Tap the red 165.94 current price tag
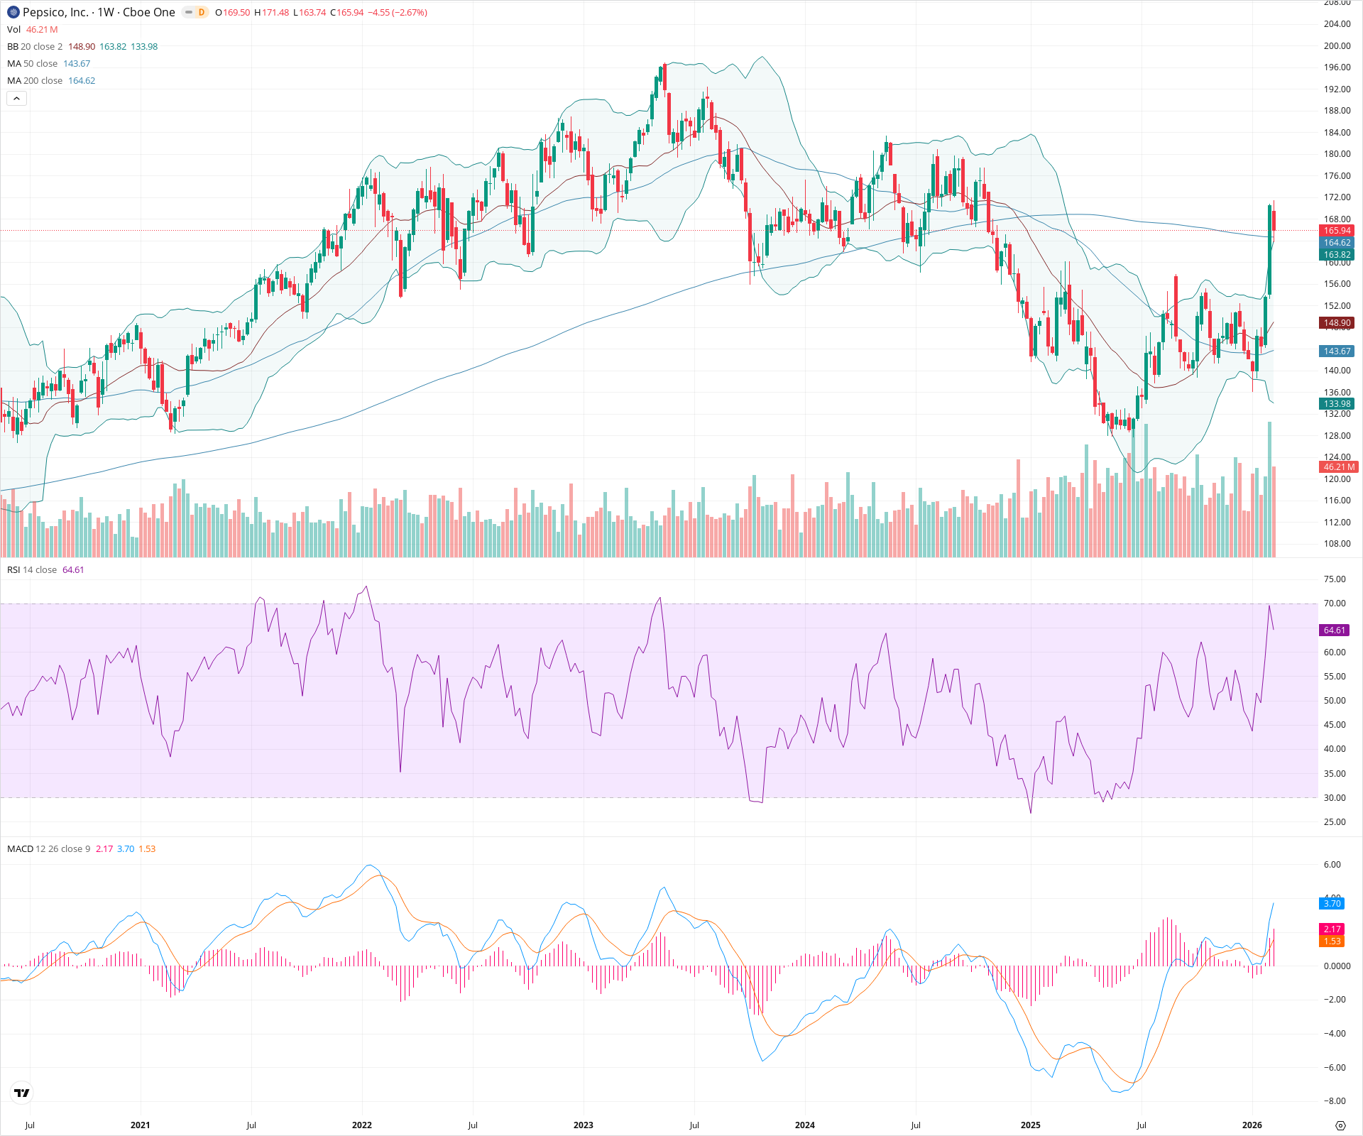(x=1337, y=231)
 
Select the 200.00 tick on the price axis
(x=1337, y=46)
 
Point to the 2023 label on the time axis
(x=583, y=1125)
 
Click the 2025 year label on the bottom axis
(x=1030, y=1125)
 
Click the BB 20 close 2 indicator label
(x=35, y=47)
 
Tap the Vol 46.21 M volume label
(x=32, y=30)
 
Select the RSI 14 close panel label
(x=32, y=570)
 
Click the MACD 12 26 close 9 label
(x=48, y=849)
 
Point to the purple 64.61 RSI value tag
(x=1334, y=630)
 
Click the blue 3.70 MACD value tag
(x=1332, y=904)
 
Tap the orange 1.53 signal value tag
(x=1332, y=941)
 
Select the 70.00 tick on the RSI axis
(x=1335, y=603)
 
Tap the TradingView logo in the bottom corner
(x=22, y=1093)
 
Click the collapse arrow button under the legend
(x=16, y=99)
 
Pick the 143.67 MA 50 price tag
(x=1337, y=351)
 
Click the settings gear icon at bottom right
(x=1340, y=1125)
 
